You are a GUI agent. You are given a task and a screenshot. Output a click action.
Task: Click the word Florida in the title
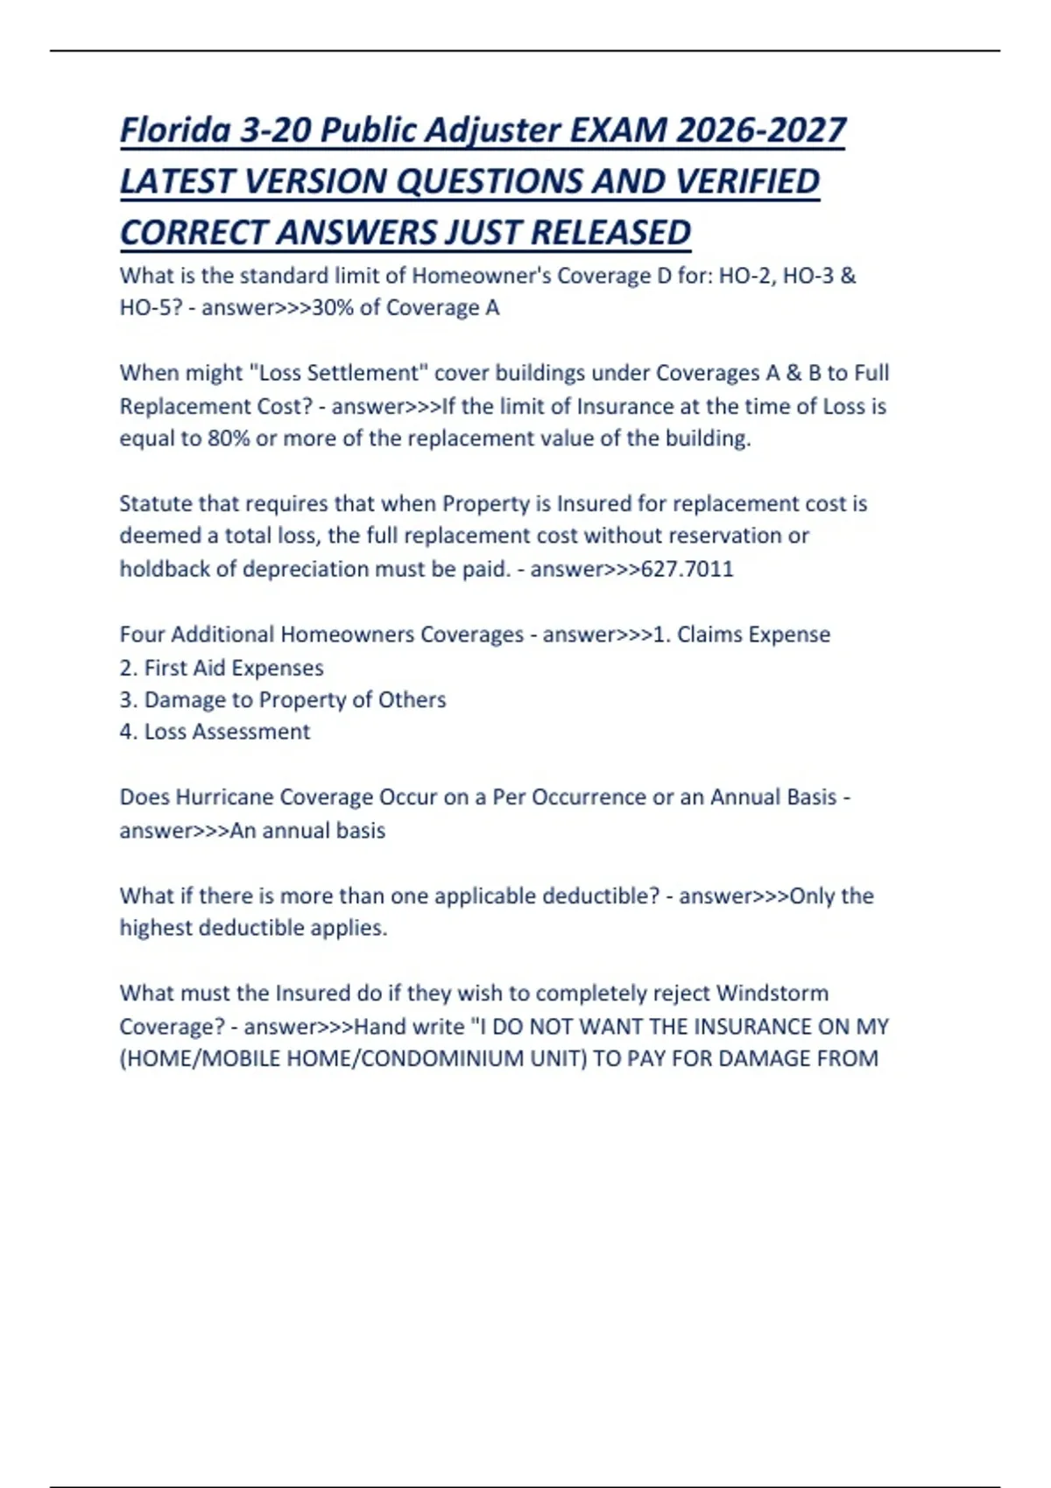click(175, 130)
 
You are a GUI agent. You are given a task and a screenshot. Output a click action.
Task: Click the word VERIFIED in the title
click(743, 182)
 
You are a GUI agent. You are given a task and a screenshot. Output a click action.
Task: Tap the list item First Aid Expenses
click(233, 668)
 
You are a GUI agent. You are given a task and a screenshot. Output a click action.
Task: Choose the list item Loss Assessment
click(226, 732)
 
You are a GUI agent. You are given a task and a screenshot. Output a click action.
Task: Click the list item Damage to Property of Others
click(294, 700)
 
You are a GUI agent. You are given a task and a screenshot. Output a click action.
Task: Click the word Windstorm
click(772, 993)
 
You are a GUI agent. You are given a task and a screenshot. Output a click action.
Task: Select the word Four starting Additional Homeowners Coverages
click(142, 635)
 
